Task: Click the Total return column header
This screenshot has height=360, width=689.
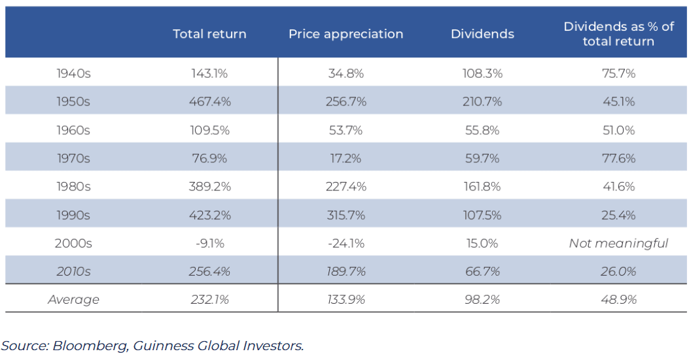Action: [209, 34]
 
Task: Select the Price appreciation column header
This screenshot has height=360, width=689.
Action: [346, 34]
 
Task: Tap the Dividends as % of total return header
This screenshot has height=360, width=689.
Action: [619, 34]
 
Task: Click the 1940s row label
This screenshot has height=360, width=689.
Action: [73, 73]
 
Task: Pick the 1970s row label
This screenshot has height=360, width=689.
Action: [73, 158]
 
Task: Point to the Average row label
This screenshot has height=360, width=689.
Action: [73, 300]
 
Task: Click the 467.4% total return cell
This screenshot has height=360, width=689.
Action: [209, 101]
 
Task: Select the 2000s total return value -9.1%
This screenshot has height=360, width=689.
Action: [209, 243]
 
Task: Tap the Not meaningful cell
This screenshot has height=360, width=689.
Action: [619, 243]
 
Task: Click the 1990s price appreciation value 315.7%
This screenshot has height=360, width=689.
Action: [346, 215]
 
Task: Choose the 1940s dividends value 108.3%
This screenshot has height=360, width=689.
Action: [482, 73]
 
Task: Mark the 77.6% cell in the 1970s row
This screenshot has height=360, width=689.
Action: [619, 158]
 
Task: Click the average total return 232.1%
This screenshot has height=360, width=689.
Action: [209, 300]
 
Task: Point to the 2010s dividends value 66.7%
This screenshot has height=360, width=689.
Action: [482, 272]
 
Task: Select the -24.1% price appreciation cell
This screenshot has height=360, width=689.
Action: [346, 243]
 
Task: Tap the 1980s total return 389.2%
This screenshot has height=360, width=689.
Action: [209, 187]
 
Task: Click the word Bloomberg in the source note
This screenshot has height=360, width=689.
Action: [90, 346]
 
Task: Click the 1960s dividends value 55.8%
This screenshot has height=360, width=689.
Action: [482, 130]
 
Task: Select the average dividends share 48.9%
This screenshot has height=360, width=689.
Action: [619, 300]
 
